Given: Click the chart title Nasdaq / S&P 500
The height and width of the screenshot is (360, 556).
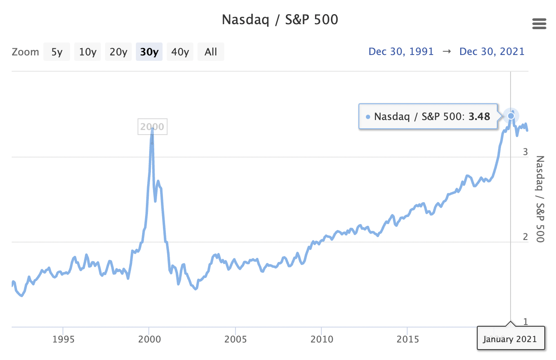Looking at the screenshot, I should (x=280, y=20).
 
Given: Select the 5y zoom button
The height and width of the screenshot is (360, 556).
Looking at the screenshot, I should (x=57, y=52).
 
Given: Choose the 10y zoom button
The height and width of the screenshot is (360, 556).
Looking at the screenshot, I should (x=88, y=52).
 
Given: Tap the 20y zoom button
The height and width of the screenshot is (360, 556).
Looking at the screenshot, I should (x=118, y=52).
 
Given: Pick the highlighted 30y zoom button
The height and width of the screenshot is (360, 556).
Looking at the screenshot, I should (x=149, y=52).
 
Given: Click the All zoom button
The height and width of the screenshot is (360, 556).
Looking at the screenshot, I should (x=210, y=52).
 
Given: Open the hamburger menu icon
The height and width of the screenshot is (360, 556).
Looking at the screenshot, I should (x=539, y=24).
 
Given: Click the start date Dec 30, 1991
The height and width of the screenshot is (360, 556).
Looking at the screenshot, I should (x=401, y=52).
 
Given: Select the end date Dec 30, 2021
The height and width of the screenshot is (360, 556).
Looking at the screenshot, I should (x=492, y=52).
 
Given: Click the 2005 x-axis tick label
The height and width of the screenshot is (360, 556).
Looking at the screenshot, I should (x=235, y=339).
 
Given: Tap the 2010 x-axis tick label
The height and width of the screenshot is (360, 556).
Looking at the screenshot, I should (x=322, y=339).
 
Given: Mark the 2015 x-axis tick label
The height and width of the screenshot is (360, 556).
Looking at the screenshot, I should (x=408, y=339).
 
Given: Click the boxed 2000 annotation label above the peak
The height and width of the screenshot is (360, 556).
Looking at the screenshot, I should (x=152, y=127).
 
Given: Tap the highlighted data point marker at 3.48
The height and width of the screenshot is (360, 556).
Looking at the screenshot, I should (x=511, y=116).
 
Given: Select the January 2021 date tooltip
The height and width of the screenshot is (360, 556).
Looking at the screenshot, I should (x=511, y=339).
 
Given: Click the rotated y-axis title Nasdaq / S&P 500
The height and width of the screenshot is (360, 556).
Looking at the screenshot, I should (x=540, y=199).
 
